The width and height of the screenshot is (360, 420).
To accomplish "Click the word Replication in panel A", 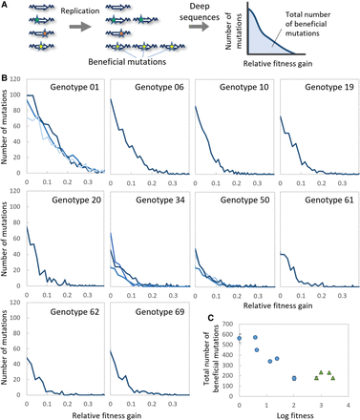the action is click(x=80, y=11).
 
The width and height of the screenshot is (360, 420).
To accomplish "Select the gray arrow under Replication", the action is click(x=80, y=27).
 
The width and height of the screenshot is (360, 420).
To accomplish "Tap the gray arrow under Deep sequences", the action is click(x=199, y=27).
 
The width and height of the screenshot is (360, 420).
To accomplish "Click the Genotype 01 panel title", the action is click(x=74, y=87).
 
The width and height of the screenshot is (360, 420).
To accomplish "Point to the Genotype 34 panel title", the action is click(x=160, y=200).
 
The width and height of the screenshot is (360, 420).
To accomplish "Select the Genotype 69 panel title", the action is click(x=159, y=312).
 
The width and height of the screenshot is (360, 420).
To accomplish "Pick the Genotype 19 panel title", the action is click(x=329, y=87).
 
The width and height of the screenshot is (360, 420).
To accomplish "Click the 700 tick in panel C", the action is click(x=228, y=325).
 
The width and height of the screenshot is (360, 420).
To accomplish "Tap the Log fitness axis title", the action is click(x=295, y=415).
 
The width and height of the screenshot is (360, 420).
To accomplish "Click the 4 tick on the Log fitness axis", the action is click(x=349, y=406).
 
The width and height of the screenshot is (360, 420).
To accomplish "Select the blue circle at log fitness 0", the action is click(x=240, y=338).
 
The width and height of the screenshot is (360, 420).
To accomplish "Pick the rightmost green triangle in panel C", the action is click(x=333, y=378).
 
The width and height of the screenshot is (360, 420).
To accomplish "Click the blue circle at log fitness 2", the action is click(x=294, y=378).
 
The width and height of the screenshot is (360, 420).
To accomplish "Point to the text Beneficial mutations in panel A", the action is click(x=127, y=62).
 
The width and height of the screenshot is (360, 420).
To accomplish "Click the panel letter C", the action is click(x=210, y=318).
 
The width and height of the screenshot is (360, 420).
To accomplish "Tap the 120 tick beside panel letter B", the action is click(x=15, y=79).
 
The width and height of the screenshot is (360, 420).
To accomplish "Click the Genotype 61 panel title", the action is click(x=329, y=200).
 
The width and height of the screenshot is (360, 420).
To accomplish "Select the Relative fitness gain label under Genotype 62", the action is click(x=106, y=416).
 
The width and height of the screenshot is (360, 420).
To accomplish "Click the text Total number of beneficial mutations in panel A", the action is click(x=306, y=24).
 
